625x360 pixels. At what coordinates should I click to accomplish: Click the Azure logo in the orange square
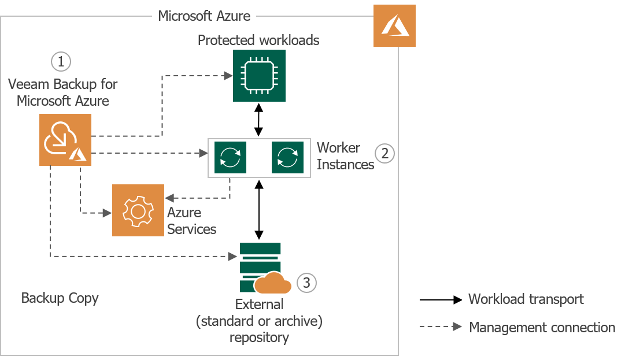(394, 26)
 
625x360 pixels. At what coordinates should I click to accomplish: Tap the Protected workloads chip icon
(258, 76)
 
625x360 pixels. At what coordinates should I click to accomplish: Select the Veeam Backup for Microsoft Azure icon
(65, 140)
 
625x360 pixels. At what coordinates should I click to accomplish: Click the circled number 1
(61, 61)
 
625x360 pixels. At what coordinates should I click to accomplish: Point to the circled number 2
(384, 154)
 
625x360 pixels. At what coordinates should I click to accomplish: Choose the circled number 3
(306, 283)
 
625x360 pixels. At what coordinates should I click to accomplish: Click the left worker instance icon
(230, 157)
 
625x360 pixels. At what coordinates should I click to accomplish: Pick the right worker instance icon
(287, 157)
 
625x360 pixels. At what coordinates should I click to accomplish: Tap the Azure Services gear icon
(138, 210)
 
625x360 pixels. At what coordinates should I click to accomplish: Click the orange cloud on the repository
(272, 283)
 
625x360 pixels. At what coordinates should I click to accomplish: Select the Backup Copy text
(60, 298)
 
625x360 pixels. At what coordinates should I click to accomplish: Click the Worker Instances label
(345, 156)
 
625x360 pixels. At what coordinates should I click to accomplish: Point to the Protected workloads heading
(258, 40)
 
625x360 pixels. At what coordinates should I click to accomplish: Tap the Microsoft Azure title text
(204, 16)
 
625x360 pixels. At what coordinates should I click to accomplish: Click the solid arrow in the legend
(441, 299)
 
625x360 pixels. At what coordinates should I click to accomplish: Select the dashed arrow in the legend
(441, 327)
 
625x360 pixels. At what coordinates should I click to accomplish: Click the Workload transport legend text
(526, 299)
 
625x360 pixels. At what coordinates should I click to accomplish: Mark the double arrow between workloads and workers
(258, 120)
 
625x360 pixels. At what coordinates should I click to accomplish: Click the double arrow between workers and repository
(259, 210)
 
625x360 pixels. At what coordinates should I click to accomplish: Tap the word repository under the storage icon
(259, 337)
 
